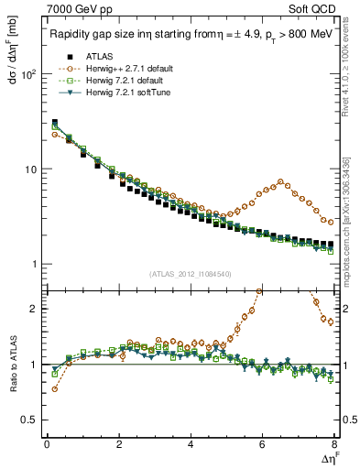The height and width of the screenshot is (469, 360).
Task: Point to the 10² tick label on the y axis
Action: [27, 74]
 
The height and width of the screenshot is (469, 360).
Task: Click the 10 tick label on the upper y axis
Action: [29, 169]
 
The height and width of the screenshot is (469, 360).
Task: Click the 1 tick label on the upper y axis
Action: [33, 265]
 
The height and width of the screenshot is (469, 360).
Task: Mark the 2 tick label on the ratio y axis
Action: [33, 309]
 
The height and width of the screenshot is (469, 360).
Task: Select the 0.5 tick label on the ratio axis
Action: [28, 420]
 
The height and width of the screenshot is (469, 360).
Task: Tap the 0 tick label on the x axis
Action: [47, 445]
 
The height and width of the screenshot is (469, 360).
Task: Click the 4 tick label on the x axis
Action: [191, 445]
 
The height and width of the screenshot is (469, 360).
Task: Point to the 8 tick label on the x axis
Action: [334, 445]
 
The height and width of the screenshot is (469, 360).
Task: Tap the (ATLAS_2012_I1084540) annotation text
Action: [191, 274]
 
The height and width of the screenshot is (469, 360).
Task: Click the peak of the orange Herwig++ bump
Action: [280, 181]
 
